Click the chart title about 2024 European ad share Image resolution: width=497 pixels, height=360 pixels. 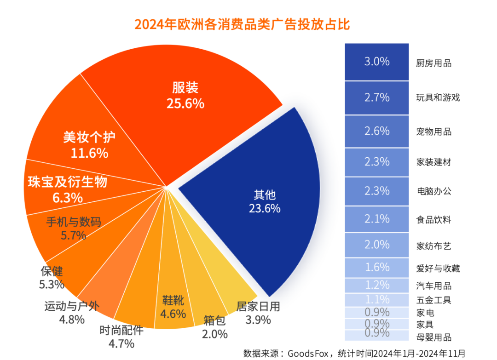coord(242,24)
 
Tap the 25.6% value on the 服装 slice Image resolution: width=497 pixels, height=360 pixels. coord(185,103)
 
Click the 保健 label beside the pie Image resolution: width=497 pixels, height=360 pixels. coord(52,271)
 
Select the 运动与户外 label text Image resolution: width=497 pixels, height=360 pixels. coord(71,306)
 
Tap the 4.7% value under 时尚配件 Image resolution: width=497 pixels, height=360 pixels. coord(121,343)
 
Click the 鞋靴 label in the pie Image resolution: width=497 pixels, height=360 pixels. coord(173,301)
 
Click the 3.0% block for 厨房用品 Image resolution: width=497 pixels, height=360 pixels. coord(377,62)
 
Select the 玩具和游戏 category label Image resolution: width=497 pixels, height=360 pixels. coord(438,97)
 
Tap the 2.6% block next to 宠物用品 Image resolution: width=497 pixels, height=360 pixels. coord(377,131)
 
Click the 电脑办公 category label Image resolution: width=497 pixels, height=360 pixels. coord(433,191)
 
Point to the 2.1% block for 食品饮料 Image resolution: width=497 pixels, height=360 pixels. coord(377,219)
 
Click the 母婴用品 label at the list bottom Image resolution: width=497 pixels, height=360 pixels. coord(433,337)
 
